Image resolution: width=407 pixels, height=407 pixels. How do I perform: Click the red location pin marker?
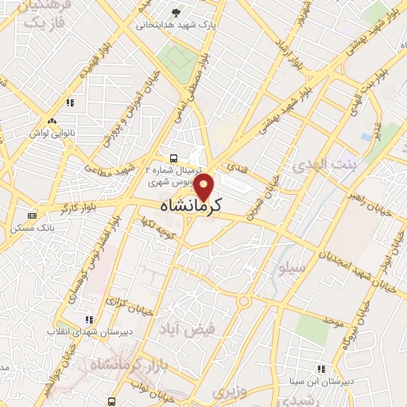(204, 187)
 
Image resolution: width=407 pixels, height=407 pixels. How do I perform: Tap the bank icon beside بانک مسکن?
(33, 215)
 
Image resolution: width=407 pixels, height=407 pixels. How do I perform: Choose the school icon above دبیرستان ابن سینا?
(321, 369)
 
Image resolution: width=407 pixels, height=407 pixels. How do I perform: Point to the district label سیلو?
(289, 267)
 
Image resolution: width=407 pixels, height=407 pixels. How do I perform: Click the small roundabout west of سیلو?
(243, 300)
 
